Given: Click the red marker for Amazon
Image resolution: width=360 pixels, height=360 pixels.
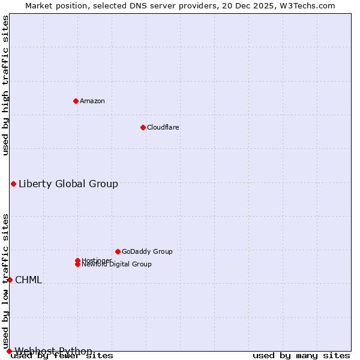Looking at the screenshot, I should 76,101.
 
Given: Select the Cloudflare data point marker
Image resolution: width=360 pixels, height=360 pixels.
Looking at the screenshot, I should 143,127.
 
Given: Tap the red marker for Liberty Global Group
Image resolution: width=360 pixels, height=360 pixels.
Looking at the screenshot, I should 13,184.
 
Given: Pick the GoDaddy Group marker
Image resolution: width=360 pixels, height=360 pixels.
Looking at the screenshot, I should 118,251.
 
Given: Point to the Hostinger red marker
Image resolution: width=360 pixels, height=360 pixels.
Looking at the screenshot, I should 77,260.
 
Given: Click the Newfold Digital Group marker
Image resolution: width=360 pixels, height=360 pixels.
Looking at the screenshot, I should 77,264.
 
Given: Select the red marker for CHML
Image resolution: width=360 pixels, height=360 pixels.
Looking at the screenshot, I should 10,280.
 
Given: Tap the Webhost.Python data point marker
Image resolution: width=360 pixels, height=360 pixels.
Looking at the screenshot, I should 9,351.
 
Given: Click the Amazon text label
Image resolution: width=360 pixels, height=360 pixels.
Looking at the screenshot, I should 92,101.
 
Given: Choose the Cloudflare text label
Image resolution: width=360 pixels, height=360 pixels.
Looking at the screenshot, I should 163,127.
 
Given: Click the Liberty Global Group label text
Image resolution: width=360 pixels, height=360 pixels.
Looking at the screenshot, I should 68,184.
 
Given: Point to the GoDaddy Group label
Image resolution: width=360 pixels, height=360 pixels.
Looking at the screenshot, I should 146,251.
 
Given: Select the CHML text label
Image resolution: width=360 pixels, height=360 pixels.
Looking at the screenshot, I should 28,280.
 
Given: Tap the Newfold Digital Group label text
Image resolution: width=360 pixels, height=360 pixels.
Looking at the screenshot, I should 116,265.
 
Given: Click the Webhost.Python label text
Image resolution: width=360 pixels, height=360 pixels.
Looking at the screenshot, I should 53,351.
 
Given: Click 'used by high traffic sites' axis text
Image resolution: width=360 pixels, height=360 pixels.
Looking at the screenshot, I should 5,85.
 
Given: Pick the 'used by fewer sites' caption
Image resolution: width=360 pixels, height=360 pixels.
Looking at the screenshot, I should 62,355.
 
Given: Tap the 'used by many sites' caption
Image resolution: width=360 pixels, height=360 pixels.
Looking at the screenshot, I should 301,355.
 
